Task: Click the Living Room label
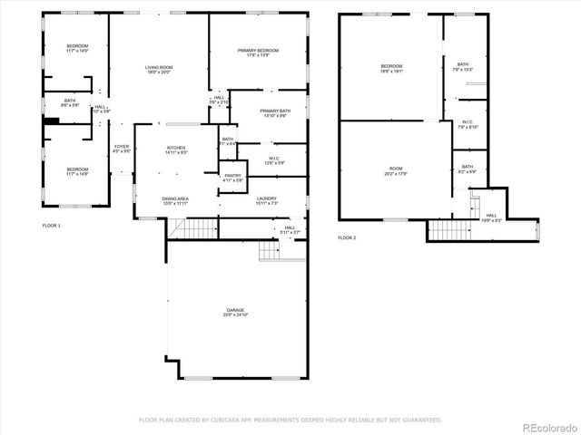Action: tap(159, 69)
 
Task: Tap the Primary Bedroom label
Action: tap(258, 52)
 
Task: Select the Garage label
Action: tap(235, 311)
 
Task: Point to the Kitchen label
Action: tap(176, 149)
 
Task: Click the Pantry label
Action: tap(233, 176)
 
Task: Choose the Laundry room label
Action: tap(266, 198)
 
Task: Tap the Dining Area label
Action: tap(175, 199)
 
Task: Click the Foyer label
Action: tap(122, 148)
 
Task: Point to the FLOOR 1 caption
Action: tap(52, 224)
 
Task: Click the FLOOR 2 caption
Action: tap(348, 237)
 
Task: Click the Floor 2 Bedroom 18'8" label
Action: tap(391, 67)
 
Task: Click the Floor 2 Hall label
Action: tap(490, 217)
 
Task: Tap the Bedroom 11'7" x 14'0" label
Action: tap(77, 48)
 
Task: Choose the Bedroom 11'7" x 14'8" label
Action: tap(77, 169)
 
